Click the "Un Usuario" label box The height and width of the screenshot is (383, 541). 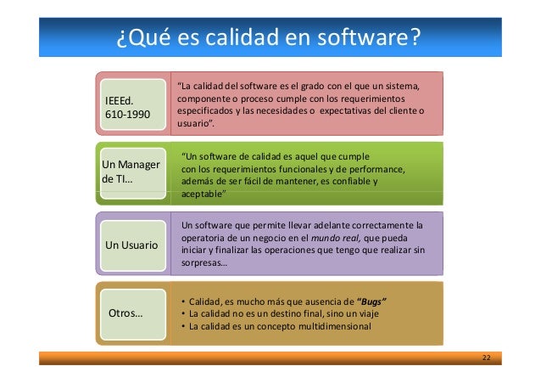(131, 245)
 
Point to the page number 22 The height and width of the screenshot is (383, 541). (486, 357)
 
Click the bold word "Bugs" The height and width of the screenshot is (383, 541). (376, 301)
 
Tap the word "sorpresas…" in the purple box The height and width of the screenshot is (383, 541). (204, 262)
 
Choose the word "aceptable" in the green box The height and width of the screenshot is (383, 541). (204, 194)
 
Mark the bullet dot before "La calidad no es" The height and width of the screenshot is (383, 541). (184, 314)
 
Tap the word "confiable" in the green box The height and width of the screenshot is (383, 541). (342, 181)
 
